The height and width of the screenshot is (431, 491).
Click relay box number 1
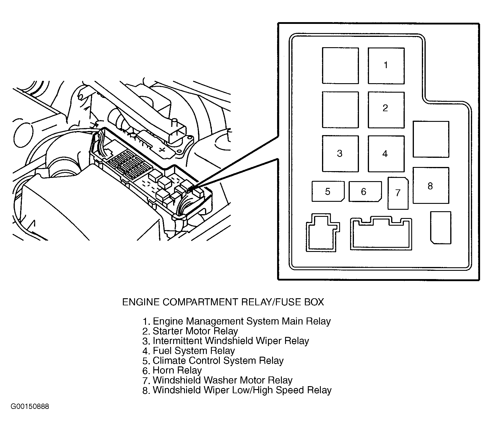(386, 65)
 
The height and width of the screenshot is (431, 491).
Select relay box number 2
(386, 110)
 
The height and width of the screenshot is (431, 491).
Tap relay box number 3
(340, 153)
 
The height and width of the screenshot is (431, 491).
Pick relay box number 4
(386, 153)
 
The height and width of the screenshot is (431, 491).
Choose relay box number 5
(328, 191)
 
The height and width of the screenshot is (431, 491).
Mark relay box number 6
(365, 191)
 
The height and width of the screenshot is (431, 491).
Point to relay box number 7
(398, 193)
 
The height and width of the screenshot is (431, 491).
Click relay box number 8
(430, 186)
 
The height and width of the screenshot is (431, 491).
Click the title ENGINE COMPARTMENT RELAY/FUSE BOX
(223, 302)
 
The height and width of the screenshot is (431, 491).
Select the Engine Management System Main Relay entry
(236, 321)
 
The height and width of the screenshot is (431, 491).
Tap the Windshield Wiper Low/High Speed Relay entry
(237, 390)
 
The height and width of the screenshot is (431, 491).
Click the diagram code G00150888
(30, 407)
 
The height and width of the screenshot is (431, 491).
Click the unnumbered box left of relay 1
(340, 65)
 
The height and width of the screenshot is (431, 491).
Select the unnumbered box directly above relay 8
(430, 139)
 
